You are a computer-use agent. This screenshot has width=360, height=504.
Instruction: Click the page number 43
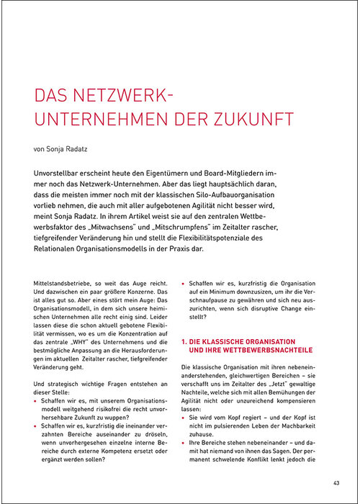coord(335,482)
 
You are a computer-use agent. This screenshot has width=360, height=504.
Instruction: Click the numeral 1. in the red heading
coord(184,340)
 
